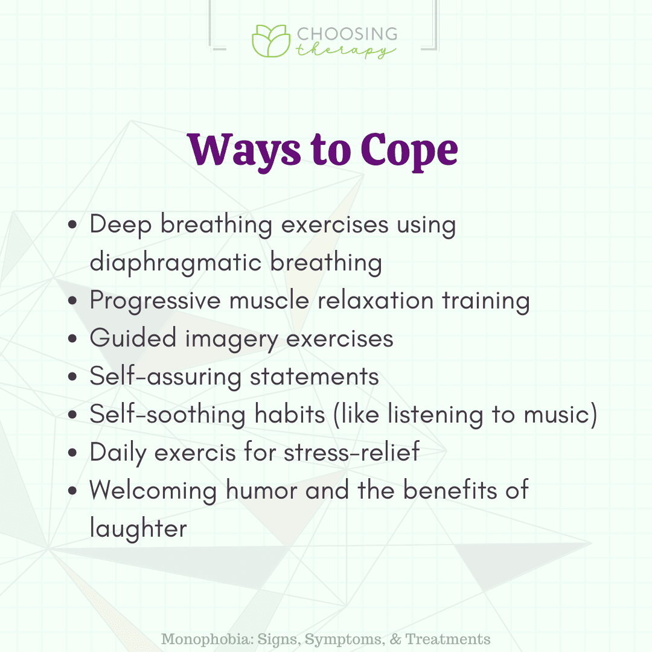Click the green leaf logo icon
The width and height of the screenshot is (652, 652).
[x=271, y=41]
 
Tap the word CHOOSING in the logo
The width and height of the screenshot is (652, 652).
[x=347, y=34]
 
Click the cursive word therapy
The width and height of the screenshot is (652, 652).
[x=345, y=51]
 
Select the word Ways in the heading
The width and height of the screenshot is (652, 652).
[x=244, y=150]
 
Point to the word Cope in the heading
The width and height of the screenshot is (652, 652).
[x=409, y=150]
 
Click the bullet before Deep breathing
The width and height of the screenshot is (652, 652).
[x=73, y=225]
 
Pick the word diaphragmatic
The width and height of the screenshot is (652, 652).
[x=176, y=263]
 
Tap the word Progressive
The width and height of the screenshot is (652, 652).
[x=155, y=301]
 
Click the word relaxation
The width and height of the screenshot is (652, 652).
[x=376, y=300]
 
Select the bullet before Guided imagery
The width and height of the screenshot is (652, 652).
[x=73, y=339]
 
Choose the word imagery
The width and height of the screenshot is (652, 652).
[x=231, y=339]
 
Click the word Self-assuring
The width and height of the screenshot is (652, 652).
[x=165, y=377]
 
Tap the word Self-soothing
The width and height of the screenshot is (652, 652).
[x=168, y=415]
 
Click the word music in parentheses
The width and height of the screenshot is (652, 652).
[x=556, y=415]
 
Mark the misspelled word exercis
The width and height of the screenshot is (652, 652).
[x=195, y=453]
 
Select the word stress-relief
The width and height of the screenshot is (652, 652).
[x=352, y=452]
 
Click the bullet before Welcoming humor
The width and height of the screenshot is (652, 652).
[x=73, y=491]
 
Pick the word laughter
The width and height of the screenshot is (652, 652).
[x=138, y=528]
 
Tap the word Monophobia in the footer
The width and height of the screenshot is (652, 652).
[x=207, y=639]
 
